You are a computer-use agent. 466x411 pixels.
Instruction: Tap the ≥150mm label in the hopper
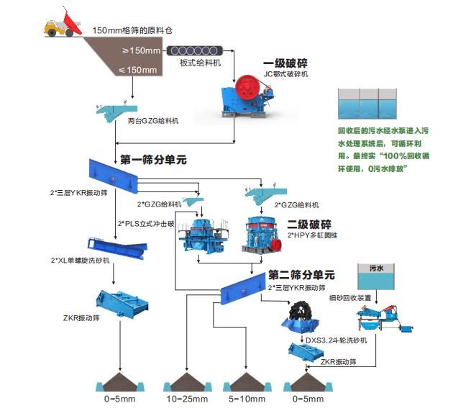tap(141, 50)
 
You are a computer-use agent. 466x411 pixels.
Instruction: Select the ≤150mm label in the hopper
tap(137, 70)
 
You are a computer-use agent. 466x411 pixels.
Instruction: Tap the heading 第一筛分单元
tap(152, 160)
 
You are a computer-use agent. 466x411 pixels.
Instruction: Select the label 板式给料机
tap(199, 63)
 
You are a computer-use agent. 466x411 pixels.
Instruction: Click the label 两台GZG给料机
tap(154, 120)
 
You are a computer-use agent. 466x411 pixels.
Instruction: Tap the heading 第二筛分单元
tap(301, 274)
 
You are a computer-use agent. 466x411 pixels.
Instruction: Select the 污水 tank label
tap(377, 268)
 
